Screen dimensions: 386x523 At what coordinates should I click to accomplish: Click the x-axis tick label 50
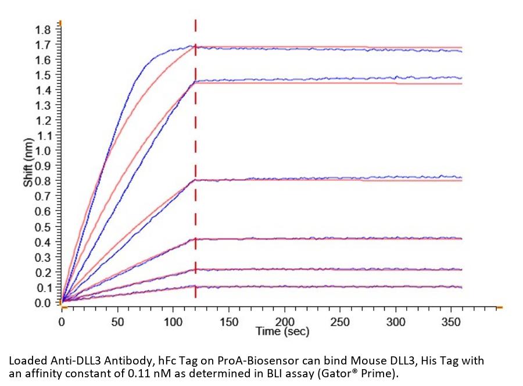[x=118, y=321]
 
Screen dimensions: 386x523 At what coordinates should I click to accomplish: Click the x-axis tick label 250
[x=341, y=321]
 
